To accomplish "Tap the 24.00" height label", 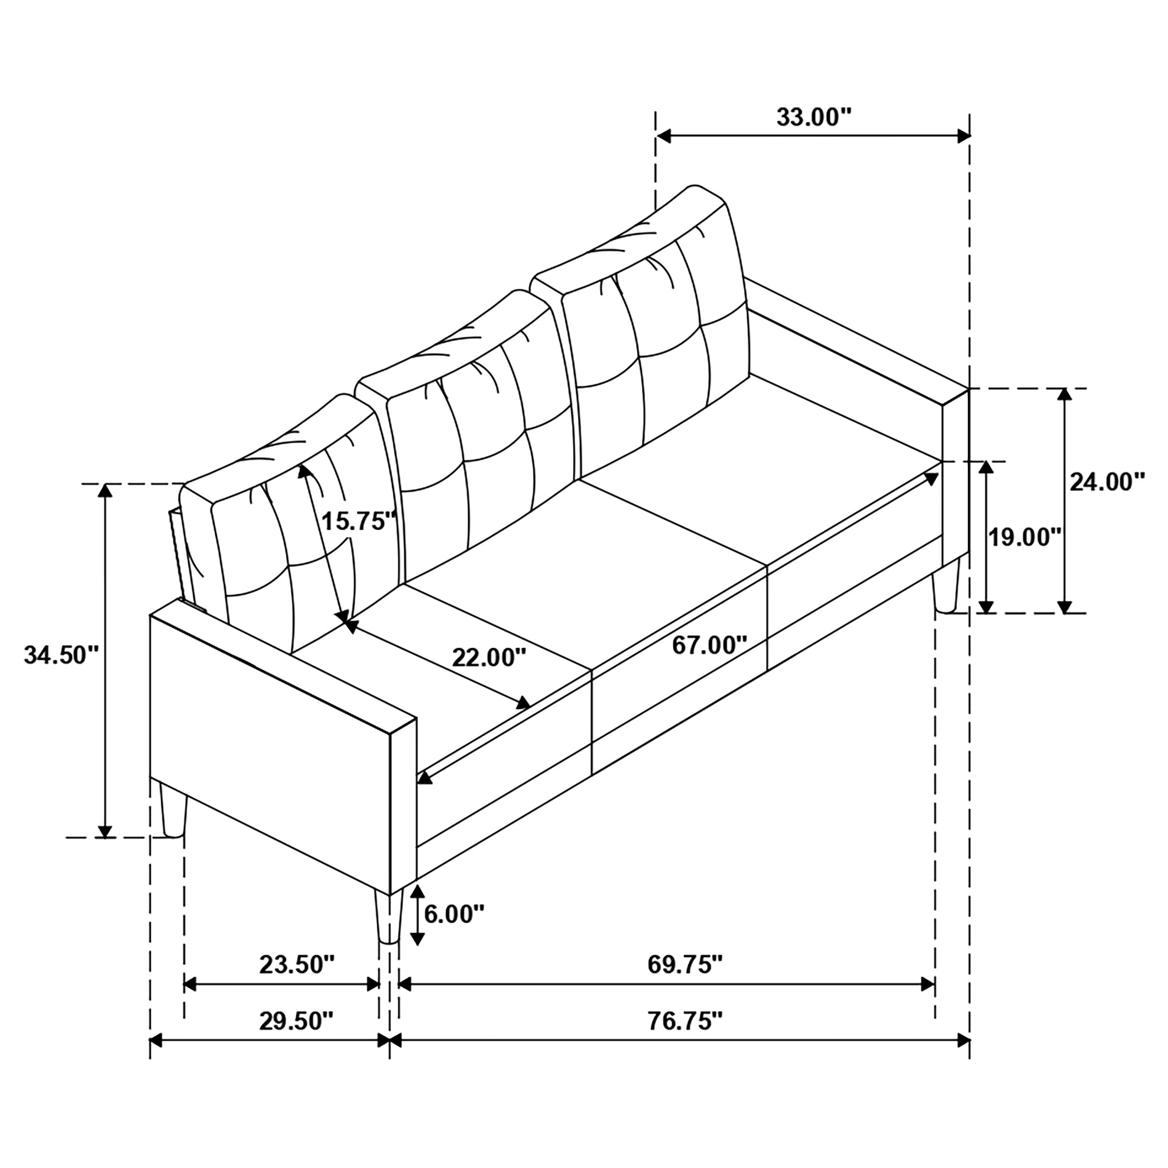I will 1108,483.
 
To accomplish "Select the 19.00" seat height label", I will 1024,536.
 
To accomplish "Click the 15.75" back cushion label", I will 358,520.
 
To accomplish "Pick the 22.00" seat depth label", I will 489,657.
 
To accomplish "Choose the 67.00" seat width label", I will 710,645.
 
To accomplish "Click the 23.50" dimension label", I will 297,965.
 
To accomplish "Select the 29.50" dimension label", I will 296,1021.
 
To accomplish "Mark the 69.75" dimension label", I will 685,965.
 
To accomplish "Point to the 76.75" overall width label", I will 685,1021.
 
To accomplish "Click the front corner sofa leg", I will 388,916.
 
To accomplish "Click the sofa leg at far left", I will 172,808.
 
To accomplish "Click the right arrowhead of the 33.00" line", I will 964,136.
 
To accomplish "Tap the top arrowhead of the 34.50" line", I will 106,491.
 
